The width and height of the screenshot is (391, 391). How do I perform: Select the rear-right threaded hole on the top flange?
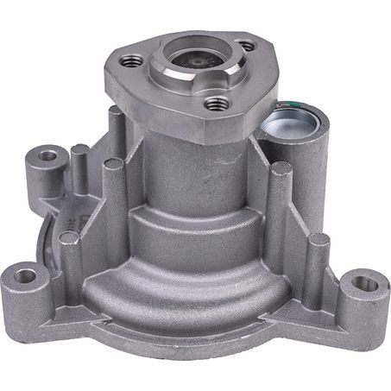(x=246, y=44)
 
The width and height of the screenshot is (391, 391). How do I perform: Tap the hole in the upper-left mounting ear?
(x=47, y=156)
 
